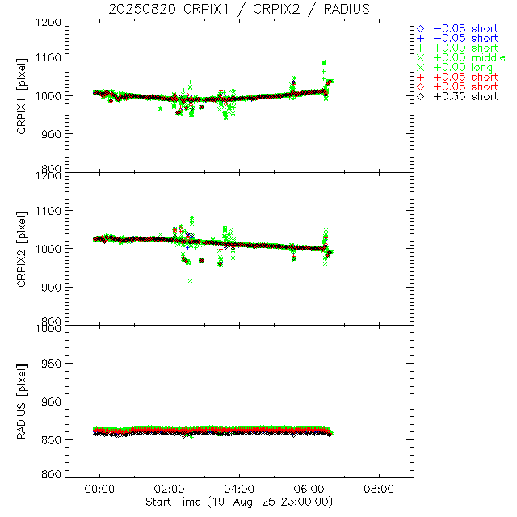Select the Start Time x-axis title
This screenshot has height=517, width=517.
coord(239,502)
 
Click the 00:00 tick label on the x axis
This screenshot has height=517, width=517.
coord(100,490)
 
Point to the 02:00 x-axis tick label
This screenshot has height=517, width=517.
coord(170,490)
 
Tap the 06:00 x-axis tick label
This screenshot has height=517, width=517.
coord(309,490)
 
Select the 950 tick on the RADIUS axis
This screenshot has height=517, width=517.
coord(52,364)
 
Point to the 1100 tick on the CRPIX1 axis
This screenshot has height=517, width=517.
coord(48,57)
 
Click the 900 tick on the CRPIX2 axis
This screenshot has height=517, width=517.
coord(52,287)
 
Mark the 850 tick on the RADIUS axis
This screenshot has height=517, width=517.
coord(52,439)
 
